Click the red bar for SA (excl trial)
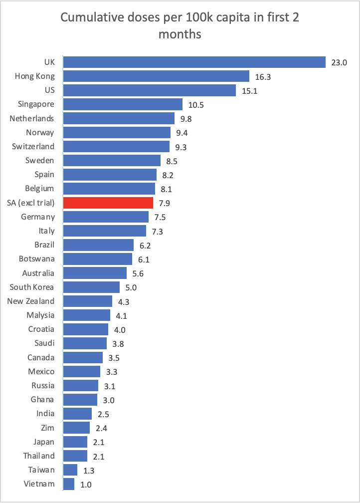108,203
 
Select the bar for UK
194,62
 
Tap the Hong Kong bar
156,76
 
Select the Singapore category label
36,104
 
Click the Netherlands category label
32,118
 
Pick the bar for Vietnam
69,484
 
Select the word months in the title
180,34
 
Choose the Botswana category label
36,259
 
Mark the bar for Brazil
98,245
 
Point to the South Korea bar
91,287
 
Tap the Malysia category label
40,315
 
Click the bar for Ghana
80,400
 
